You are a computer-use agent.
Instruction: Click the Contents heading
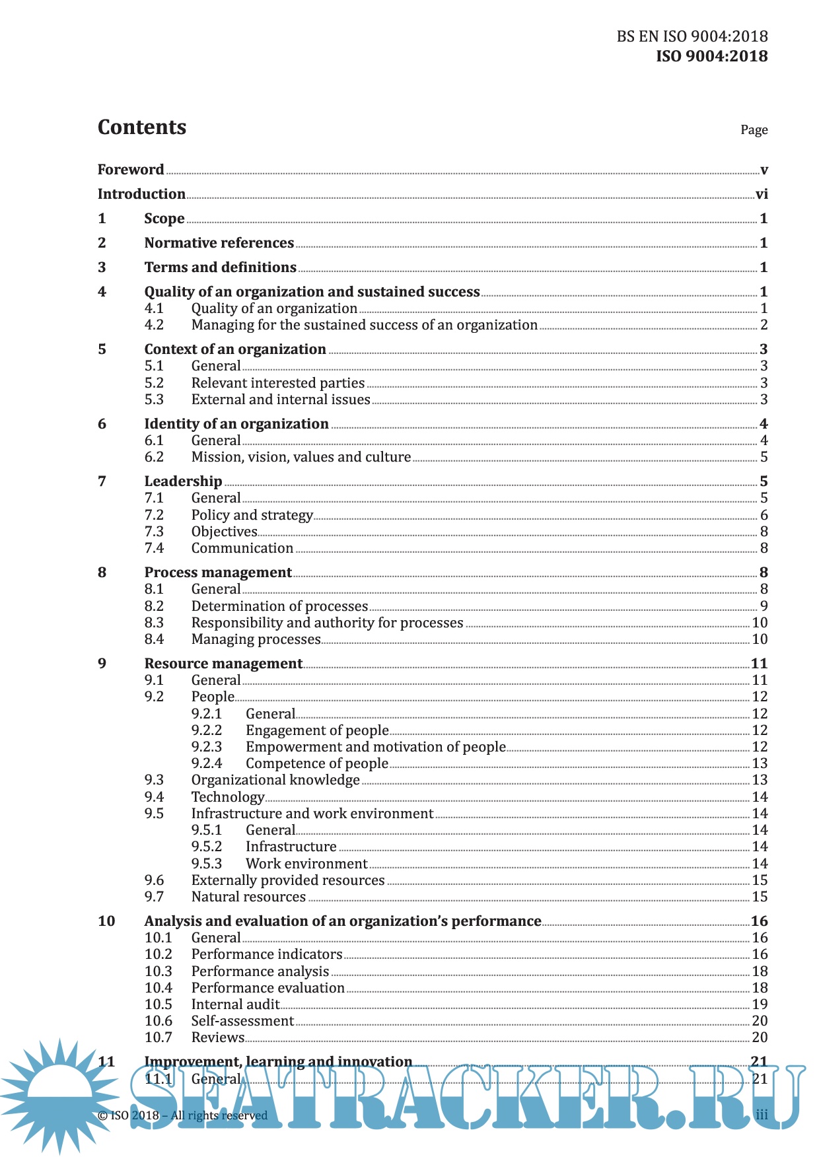(142, 127)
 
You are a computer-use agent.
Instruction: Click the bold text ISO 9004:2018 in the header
(711, 56)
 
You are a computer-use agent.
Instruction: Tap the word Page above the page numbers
(754, 130)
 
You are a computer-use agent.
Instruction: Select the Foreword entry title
(131, 170)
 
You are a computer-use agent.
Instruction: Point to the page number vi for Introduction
(762, 194)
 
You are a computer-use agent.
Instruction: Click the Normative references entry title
(219, 243)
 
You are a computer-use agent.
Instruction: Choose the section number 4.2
(154, 325)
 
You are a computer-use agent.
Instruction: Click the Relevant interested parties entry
(277, 383)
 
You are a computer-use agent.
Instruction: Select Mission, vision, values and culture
(301, 457)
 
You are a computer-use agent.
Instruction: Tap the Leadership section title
(183, 481)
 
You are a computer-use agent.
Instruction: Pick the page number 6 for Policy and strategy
(764, 515)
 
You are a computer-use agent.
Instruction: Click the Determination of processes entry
(279, 606)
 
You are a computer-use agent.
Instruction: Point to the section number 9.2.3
(207, 747)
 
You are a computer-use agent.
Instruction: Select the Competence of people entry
(317, 763)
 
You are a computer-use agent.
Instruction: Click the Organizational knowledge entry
(275, 780)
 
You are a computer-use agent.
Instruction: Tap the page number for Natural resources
(760, 897)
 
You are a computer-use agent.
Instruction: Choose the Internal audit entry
(235, 1004)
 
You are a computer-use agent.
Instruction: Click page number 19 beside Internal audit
(760, 1004)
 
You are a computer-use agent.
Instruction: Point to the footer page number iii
(762, 1115)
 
